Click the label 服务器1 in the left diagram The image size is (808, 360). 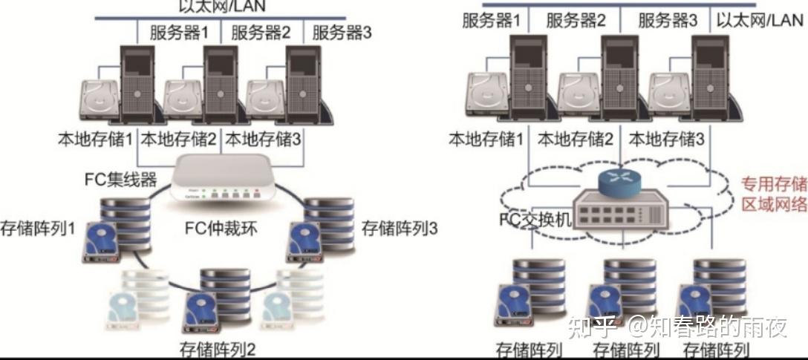[179, 33]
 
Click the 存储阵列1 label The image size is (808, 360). [39, 227]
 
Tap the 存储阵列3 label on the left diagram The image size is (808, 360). [399, 227]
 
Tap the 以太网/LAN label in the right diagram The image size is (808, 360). [760, 20]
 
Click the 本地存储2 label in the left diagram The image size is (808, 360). [179, 138]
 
